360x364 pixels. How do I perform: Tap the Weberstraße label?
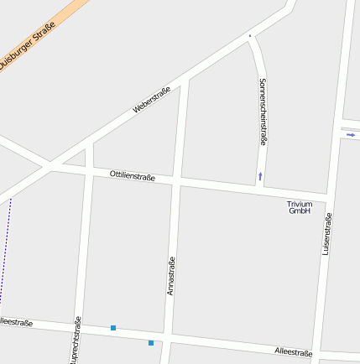(152, 100)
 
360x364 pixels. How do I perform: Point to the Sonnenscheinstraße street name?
(263, 112)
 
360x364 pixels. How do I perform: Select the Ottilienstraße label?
(133, 176)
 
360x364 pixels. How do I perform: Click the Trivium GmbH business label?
(300, 207)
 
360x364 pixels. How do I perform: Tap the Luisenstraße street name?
(327, 234)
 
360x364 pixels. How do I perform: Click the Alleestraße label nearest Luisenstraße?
(293, 352)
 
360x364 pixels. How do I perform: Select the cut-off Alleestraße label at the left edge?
(16, 322)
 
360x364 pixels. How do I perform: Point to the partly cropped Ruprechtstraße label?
(76, 341)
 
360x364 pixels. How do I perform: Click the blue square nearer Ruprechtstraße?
(112, 327)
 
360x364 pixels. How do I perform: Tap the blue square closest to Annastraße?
(151, 342)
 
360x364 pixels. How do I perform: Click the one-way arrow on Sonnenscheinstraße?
(260, 176)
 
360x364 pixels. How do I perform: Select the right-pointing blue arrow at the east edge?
(350, 133)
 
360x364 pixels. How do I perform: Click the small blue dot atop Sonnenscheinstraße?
(249, 36)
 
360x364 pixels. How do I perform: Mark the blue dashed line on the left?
(5, 252)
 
